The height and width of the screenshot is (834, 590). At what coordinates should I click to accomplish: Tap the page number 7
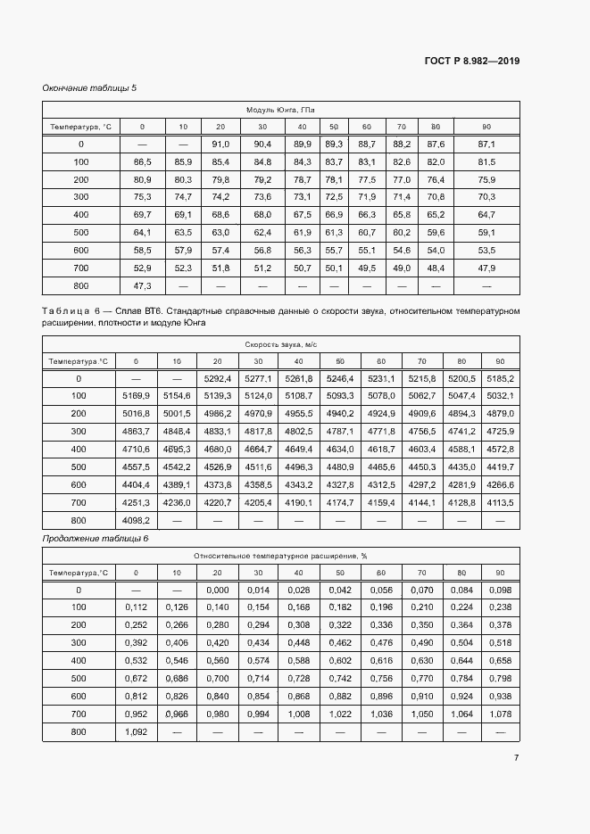[x=516, y=757]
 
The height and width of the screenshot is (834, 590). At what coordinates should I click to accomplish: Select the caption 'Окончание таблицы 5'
[x=89, y=88]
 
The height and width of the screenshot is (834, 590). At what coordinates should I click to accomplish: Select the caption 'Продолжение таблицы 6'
[x=96, y=539]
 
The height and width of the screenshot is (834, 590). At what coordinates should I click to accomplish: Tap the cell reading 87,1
[x=486, y=144]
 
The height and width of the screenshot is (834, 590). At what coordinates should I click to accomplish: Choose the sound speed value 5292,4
[x=218, y=378]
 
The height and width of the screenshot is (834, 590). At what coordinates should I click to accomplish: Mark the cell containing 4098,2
[x=136, y=520]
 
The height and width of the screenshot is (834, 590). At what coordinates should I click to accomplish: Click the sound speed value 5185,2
[x=500, y=378]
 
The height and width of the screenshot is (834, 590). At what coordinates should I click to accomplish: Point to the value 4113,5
[x=500, y=502]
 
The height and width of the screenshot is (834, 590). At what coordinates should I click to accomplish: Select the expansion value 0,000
[x=218, y=590]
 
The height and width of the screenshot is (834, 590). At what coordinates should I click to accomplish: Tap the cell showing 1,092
[x=136, y=732]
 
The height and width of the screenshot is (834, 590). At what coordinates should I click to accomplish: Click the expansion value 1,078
[x=500, y=714]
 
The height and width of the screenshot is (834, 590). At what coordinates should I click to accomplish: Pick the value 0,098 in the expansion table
[x=500, y=590]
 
